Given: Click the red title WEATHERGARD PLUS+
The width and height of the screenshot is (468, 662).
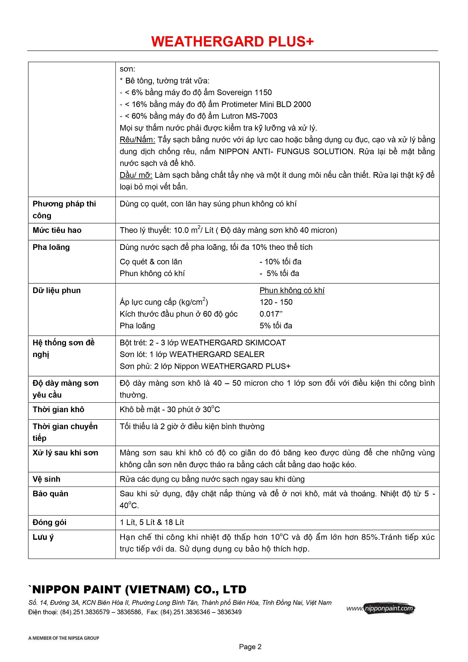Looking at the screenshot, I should point(232,42).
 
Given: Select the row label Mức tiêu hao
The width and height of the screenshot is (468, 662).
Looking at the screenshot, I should point(57,230).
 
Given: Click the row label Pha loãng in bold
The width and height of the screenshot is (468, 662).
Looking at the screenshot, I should point(51,247).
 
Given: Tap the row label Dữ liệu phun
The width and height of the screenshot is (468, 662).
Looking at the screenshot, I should point(57,290).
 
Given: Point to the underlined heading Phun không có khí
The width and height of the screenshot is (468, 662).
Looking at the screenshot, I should point(292,290).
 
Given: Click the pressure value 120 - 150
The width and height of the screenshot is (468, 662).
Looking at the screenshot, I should point(276,302).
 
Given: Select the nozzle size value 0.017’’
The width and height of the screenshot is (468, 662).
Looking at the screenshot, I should point(271,314).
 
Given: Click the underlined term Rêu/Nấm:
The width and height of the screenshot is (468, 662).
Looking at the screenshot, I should point(137,140).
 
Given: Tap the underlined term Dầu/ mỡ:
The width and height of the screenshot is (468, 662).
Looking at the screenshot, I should point(136,175).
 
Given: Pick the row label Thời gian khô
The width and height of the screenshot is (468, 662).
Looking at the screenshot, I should point(58,410).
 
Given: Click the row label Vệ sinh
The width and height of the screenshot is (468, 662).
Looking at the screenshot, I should point(46,479).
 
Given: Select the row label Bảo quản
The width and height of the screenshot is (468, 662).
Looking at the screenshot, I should point(51,494).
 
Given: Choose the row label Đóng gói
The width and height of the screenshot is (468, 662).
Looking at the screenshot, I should point(49,522).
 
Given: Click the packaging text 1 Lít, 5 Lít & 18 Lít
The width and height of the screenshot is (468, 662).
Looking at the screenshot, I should point(152,522).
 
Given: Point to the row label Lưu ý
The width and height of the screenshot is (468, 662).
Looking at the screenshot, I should point(43,537).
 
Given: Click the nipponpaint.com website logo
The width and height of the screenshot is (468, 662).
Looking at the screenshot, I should point(381,608).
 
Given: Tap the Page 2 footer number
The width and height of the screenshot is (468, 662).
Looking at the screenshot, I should point(250,647).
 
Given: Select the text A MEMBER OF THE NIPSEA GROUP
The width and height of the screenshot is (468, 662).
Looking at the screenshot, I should point(64,638).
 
